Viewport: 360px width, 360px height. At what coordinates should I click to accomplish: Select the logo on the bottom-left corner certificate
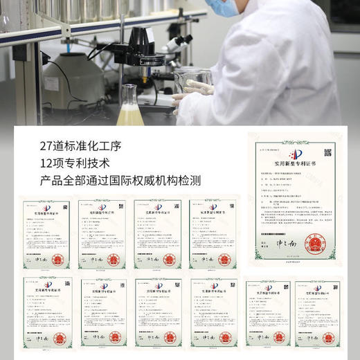[x=46, y=285]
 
